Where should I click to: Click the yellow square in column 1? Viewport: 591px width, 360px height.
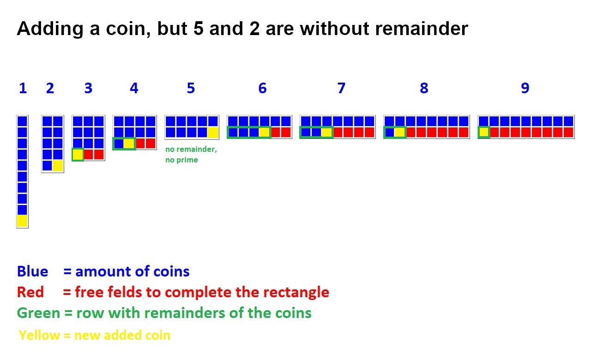pyautogui.click(x=23, y=221)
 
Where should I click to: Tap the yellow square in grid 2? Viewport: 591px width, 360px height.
pyautogui.click(x=58, y=166)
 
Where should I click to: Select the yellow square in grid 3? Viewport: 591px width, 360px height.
pyautogui.click(x=78, y=155)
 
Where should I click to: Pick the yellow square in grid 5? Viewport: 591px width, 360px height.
pyautogui.click(x=213, y=132)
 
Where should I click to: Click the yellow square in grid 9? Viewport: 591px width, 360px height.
pyautogui.click(x=483, y=132)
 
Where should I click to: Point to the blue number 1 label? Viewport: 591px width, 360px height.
pyautogui.click(x=23, y=88)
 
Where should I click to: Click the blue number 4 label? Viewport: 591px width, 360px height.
pyautogui.click(x=134, y=88)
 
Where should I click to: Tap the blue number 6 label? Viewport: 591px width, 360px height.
pyautogui.click(x=263, y=88)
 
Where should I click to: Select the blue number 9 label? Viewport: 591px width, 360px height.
pyautogui.click(x=525, y=88)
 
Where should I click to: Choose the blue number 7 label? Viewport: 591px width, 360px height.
pyautogui.click(x=341, y=88)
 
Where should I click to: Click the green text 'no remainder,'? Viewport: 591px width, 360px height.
pyautogui.click(x=191, y=149)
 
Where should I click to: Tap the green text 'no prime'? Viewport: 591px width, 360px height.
pyautogui.click(x=181, y=160)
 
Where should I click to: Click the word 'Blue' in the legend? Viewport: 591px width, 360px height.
pyautogui.click(x=32, y=271)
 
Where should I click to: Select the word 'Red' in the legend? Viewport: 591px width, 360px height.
pyautogui.click(x=30, y=292)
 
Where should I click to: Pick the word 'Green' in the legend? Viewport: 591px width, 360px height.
pyautogui.click(x=38, y=313)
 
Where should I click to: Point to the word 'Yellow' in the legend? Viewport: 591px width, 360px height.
pyautogui.click(x=40, y=336)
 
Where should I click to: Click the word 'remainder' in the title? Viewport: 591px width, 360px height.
pyautogui.click(x=422, y=29)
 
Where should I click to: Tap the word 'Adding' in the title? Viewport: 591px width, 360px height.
pyautogui.click(x=50, y=29)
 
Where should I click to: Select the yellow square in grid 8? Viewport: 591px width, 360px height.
pyautogui.click(x=399, y=132)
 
